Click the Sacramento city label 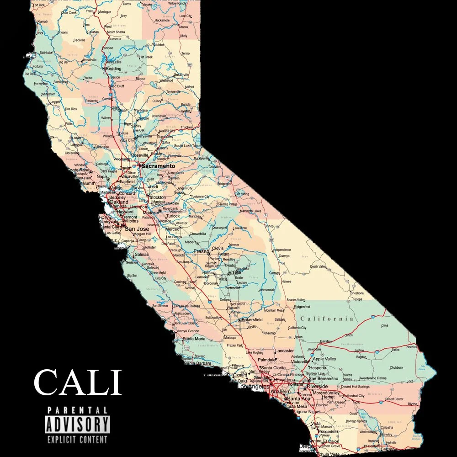[158, 166]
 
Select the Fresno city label [201, 251]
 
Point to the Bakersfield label [252, 319]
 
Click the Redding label [113, 69]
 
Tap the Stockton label [158, 197]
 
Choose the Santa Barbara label [197, 364]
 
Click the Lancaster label [284, 351]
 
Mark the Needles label [412, 347]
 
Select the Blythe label [413, 404]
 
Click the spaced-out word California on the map [327, 319]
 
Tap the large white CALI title [78, 383]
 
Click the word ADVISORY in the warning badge [77, 425]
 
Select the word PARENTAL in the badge [77, 410]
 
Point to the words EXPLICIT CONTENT [77, 440]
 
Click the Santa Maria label [194, 339]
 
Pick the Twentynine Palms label [373, 378]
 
